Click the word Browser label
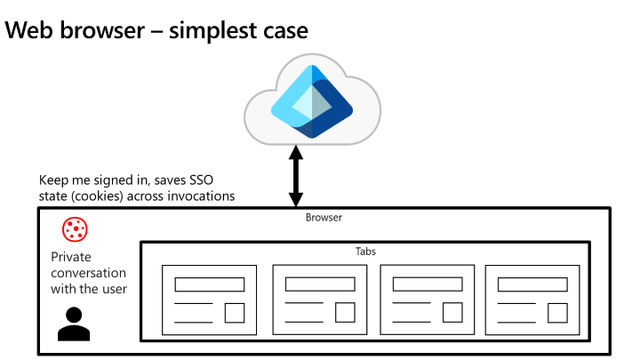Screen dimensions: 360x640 click(x=324, y=216)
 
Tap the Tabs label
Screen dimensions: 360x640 click(x=366, y=251)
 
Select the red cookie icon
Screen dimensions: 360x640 click(x=74, y=231)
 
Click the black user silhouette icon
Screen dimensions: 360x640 click(x=74, y=324)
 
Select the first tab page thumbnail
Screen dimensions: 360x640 click(x=209, y=300)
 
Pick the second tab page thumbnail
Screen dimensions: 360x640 click(x=317, y=300)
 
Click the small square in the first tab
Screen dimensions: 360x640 click(x=235, y=313)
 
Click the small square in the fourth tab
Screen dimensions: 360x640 click(x=558, y=313)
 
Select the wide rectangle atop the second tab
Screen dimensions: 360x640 click(x=318, y=284)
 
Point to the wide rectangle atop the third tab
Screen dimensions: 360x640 click(x=427, y=284)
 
